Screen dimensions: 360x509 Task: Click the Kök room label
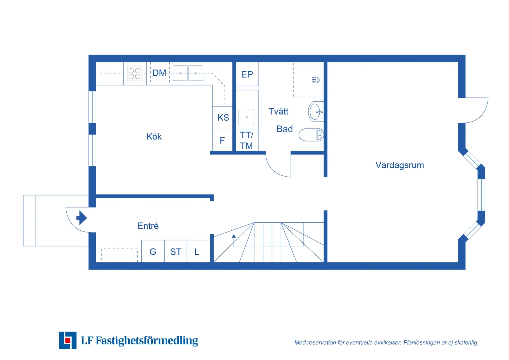coord(154,136)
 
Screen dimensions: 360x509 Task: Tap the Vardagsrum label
coord(399,165)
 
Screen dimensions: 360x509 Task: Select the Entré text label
coord(148,226)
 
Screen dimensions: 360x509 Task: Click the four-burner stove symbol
coord(134,73)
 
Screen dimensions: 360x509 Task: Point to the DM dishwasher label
coord(159,73)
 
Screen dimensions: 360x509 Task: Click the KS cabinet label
coord(223,118)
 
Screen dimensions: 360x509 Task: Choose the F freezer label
coord(222,141)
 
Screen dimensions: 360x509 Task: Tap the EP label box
coord(247,74)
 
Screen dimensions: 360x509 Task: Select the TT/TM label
coord(246,140)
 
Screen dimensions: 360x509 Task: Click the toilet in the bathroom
coord(311,135)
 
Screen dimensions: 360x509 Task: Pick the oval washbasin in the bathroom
coord(315,111)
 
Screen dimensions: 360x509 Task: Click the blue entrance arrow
coord(81,218)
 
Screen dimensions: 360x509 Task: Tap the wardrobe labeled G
coord(153,252)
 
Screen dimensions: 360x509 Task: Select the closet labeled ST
coord(176,252)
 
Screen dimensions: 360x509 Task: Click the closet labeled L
coord(197,252)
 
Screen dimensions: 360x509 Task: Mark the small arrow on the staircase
coord(234,236)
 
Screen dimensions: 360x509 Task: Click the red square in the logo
coord(68,341)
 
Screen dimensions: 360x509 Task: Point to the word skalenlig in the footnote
coord(466,342)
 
